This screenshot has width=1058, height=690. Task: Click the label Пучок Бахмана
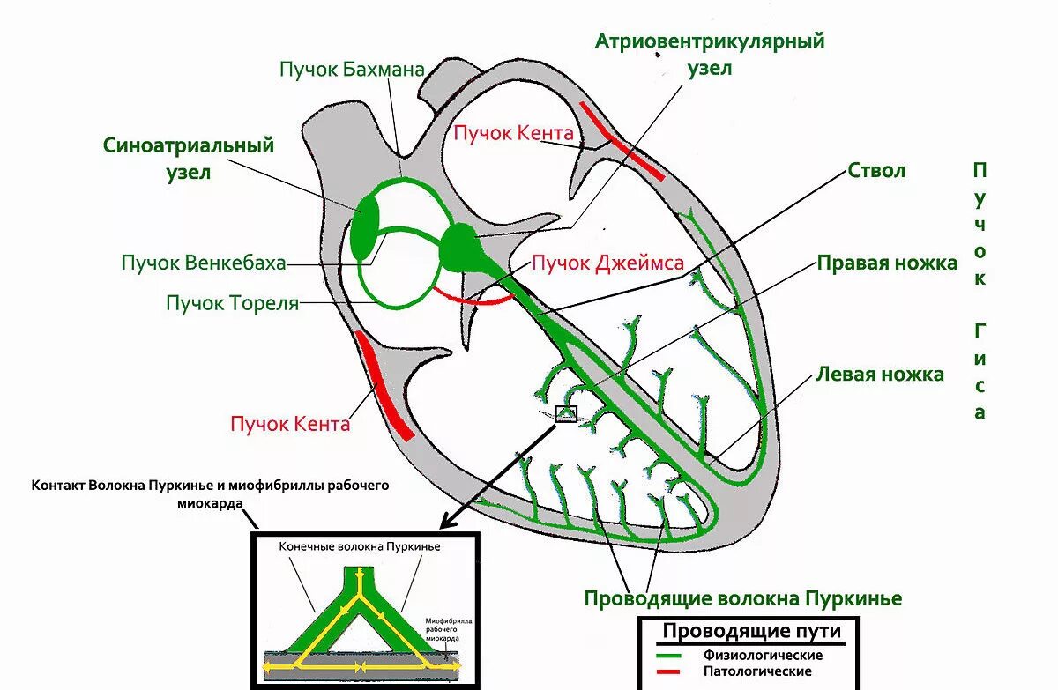[353, 69]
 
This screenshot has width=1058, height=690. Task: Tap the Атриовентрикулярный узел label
[710, 54]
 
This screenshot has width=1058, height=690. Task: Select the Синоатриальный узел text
[189, 158]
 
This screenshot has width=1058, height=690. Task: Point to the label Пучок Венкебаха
[204, 263]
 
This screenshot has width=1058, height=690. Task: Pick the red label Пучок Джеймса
[607, 262]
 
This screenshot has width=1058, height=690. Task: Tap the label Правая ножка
[886, 263]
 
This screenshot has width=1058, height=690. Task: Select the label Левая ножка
[879, 374]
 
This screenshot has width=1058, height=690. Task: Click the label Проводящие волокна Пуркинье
[743, 598]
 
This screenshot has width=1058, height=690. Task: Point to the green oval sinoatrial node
[363, 227]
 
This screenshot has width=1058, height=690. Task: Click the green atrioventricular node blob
[461, 247]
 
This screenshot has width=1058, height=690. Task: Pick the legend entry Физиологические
[764, 655]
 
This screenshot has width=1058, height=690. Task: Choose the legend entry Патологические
[758, 671]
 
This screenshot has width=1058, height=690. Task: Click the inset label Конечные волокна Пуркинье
[360, 546]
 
